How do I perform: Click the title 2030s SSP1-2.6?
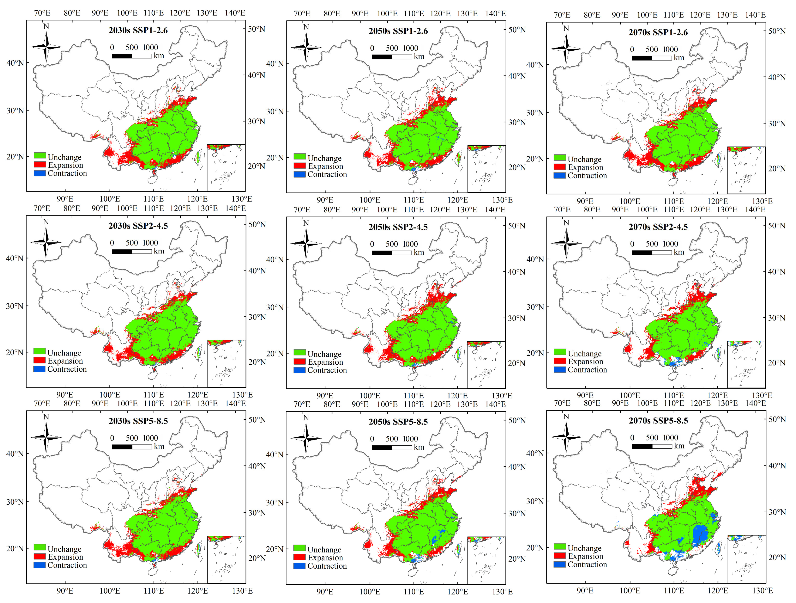click(138, 30)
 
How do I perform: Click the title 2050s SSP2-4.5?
click(398, 227)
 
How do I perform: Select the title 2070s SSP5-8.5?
click(658, 420)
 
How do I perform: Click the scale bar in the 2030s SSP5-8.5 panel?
click(132, 446)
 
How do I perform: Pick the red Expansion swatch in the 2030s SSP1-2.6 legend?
click(40, 165)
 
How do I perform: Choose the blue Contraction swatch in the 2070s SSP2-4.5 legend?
click(560, 369)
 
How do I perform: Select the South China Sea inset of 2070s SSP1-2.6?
click(746, 170)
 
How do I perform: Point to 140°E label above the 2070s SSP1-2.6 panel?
click(755, 15)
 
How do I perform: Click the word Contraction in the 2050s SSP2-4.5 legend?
click(327, 370)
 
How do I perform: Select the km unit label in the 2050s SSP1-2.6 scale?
click(419, 57)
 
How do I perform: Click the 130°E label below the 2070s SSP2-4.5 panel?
click(762, 395)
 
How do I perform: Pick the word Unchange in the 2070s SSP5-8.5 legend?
click(584, 548)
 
